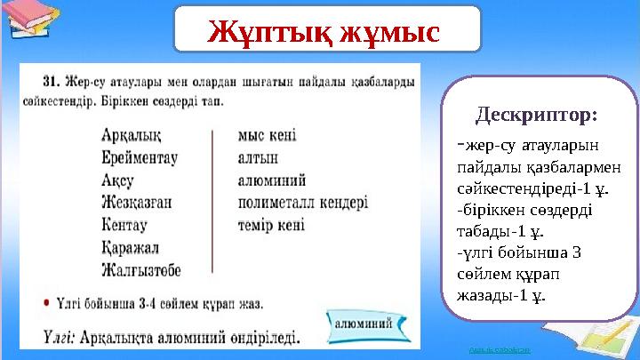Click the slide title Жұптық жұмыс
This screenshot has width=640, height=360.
tap(325, 29)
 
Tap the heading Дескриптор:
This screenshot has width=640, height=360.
tap(536, 116)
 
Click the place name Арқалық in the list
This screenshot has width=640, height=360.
tap(132, 136)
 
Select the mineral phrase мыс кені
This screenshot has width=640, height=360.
tap(268, 136)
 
